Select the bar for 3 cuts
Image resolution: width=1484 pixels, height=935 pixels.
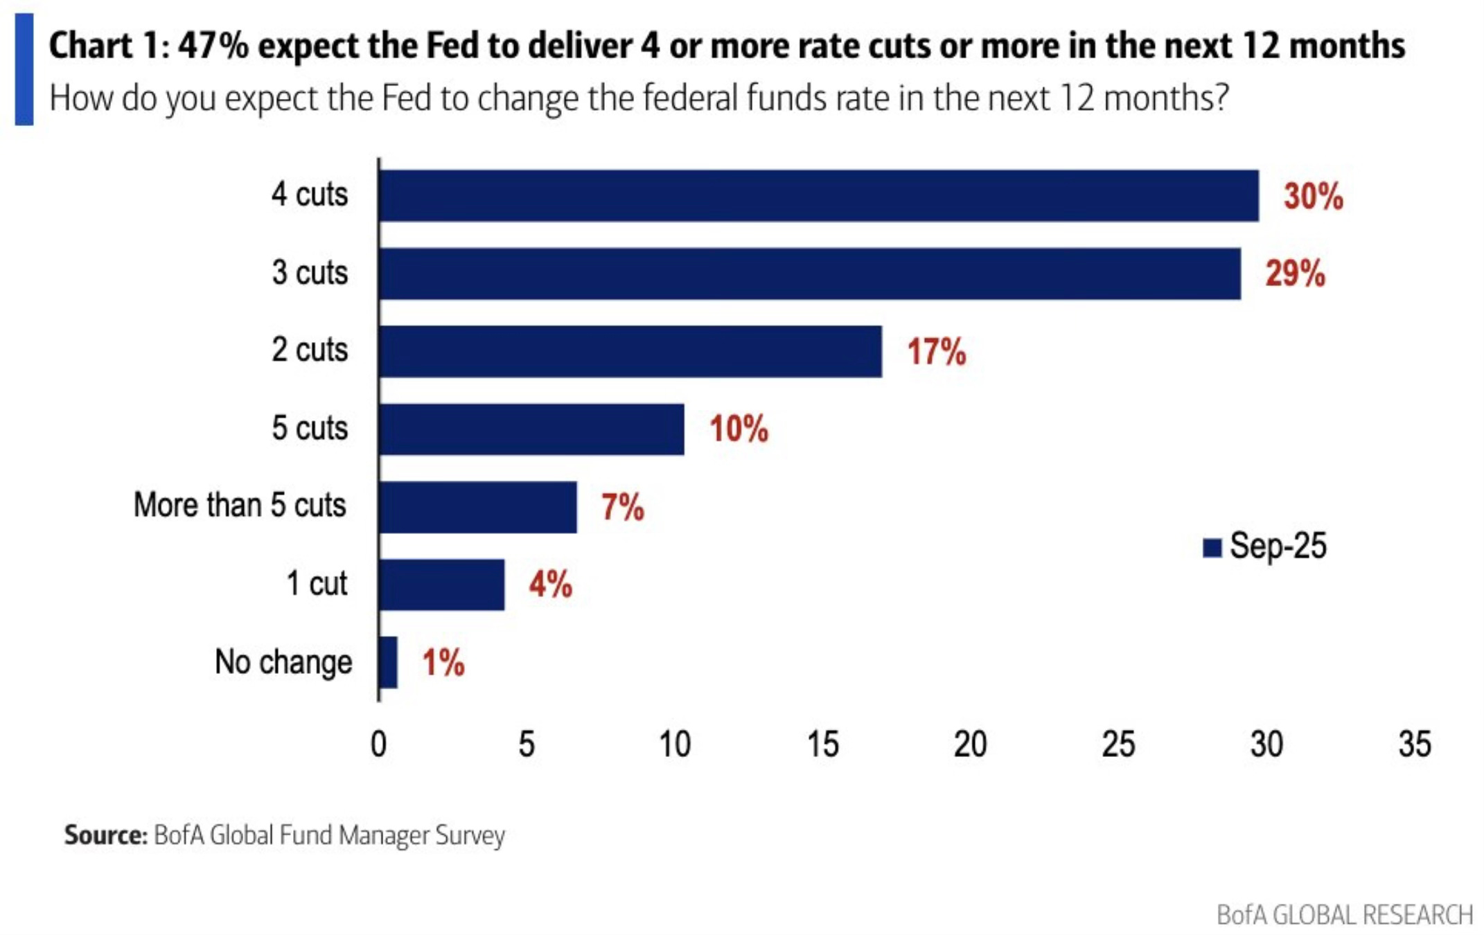[809, 274]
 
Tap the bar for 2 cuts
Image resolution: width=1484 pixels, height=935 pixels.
[630, 351]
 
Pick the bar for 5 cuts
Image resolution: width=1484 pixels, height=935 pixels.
[531, 429]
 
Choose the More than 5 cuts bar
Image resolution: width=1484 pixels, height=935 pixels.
[478, 507]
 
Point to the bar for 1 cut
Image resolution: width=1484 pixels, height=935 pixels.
[442, 585]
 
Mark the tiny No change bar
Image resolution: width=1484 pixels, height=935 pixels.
[389, 662]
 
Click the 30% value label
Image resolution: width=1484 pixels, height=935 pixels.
[1313, 196]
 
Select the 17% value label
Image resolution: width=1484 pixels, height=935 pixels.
[936, 352]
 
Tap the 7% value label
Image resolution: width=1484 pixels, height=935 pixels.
[622, 507]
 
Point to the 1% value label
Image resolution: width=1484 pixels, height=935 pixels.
[443, 663]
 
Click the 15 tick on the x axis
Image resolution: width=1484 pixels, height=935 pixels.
[822, 745]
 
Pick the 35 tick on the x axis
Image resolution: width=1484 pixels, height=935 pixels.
[1414, 745]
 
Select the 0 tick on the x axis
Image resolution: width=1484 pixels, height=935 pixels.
[378, 745]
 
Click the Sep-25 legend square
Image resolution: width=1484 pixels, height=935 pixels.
[1212, 547]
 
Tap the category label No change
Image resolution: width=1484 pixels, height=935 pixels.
[283, 662]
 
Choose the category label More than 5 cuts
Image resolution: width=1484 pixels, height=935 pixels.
[240, 505]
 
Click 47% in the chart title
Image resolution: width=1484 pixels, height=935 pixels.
[213, 46]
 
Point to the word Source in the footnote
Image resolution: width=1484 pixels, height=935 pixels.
[105, 835]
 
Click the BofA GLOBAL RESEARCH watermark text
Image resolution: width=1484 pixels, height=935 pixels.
[1344, 915]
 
